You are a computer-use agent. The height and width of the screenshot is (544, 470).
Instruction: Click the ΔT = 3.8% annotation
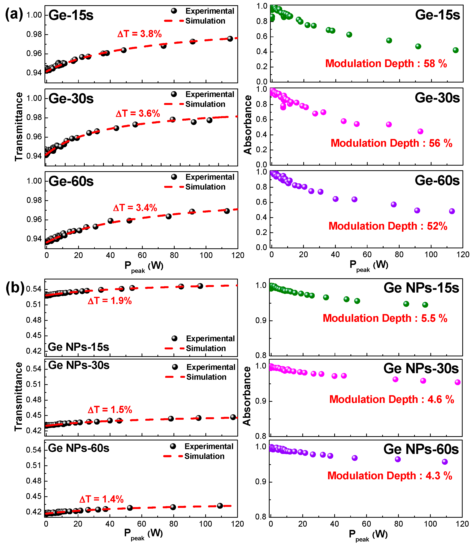point(139,34)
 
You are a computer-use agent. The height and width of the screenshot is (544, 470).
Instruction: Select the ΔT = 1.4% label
point(101,499)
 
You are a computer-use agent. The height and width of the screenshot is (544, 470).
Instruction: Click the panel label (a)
point(14,14)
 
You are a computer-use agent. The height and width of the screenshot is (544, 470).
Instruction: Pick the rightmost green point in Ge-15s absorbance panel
point(455,50)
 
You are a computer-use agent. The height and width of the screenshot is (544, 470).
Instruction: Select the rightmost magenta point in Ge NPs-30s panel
point(457,382)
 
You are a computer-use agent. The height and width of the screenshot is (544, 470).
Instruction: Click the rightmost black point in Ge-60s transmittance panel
point(227,211)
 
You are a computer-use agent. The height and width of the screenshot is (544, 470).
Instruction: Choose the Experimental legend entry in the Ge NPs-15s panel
point(210,338)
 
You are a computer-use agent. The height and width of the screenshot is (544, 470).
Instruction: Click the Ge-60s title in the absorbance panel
point(437,181)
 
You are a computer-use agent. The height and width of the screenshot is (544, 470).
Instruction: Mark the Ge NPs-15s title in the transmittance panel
point(78,347)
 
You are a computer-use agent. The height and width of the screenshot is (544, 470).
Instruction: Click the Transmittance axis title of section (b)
point(18,396)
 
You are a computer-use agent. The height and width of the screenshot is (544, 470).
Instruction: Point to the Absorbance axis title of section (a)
point(248,125)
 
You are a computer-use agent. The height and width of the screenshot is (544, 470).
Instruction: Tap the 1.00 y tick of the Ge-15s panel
point(34,15)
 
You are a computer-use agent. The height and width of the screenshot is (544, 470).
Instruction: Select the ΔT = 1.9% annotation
point(109,301)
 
